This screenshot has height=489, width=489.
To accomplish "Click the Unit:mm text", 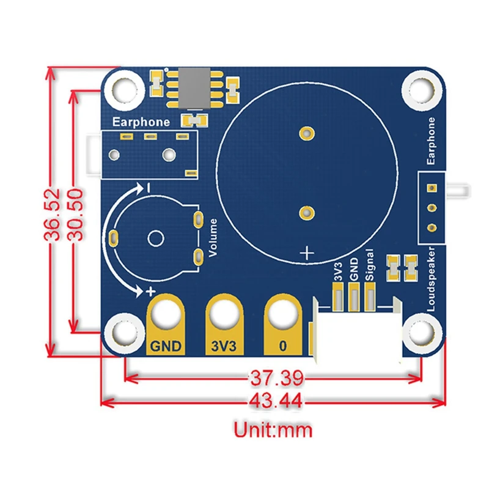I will tap(273, 430).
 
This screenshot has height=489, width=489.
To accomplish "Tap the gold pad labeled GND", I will tap(165, 324).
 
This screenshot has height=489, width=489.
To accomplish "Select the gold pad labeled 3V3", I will tap(224, 324).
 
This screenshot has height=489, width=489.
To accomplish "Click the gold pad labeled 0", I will tap(282, 324).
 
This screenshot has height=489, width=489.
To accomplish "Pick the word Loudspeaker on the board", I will tap(432, 279).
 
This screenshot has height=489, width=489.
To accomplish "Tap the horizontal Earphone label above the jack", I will tap(141, 122).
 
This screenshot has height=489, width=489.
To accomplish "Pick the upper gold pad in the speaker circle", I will tap(306, 132).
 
